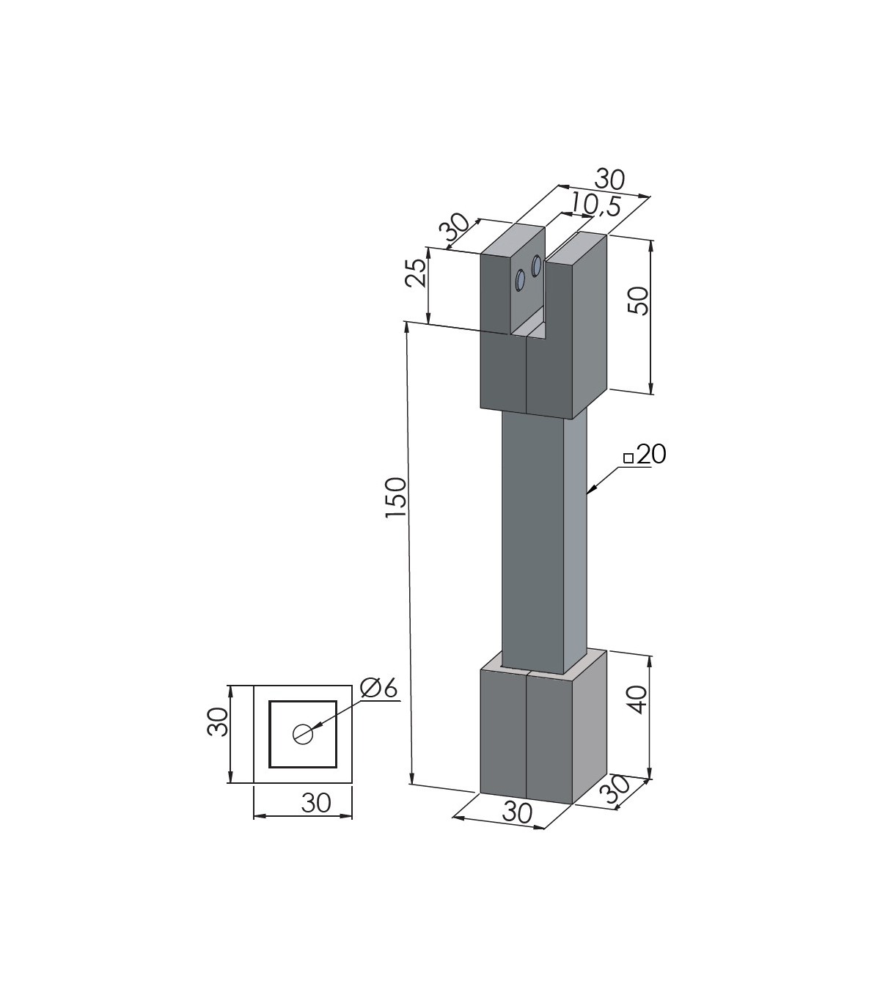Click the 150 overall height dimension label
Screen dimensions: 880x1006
[x=396, y=497]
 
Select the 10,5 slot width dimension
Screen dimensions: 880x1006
[x=596, y=205]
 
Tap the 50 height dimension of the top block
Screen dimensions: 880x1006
[x=639, y=301]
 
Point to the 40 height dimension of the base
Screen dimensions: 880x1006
[x=639, y=700]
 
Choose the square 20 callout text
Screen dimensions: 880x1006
[x=645, y=454]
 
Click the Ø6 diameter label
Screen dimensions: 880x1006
[x=378, y=688]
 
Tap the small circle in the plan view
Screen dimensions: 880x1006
[x=303, y=735]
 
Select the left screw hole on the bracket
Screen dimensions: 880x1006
[x=520, y=281]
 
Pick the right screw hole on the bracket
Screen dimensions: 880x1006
[x=536, y=266]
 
